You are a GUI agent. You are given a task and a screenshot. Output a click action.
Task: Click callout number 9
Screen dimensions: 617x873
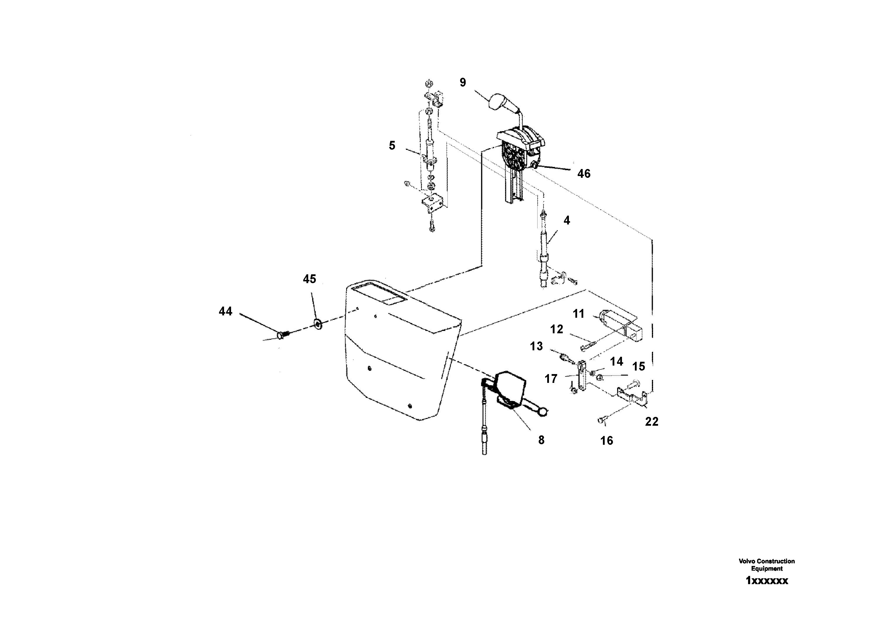tap(463, 82)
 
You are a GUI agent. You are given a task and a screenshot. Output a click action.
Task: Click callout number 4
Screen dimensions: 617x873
tap(567, 220)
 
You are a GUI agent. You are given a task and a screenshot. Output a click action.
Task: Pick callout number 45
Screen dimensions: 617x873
tap(309, 279)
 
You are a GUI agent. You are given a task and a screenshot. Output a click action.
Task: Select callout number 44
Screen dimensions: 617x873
tap(226, 312)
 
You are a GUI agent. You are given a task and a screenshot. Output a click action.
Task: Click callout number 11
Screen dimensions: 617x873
tap(578, 314)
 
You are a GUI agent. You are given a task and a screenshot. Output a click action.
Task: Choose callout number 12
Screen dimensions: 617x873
tap(557, 329)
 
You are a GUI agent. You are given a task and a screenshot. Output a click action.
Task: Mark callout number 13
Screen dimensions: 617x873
tap(537, 346)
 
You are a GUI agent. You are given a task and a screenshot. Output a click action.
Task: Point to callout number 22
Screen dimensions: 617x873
tap(652, 422)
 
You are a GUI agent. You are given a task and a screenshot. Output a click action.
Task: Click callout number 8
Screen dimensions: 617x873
tap(541, 440)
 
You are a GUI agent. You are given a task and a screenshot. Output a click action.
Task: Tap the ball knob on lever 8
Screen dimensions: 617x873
tap(543, 411)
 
